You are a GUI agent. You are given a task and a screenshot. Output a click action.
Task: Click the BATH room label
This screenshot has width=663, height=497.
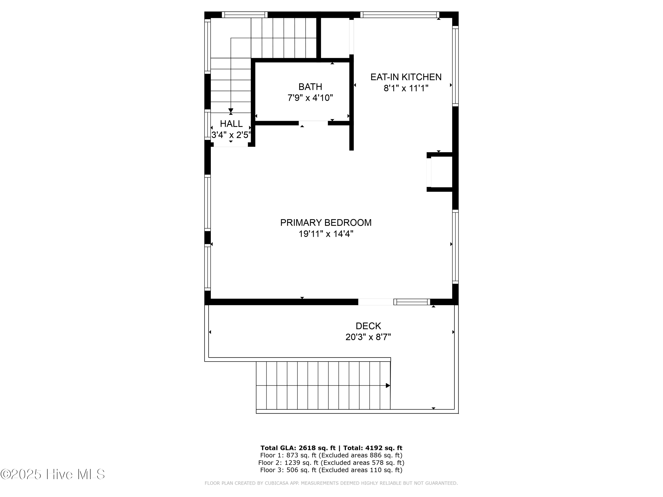310,87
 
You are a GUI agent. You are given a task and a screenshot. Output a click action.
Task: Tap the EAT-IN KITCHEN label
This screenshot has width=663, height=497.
406,77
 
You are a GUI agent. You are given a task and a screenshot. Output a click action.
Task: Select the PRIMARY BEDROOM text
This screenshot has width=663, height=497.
326,223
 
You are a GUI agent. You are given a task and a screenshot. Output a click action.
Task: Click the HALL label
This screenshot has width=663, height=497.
231,124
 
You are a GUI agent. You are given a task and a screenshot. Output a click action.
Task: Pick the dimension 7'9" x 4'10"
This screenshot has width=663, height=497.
310,98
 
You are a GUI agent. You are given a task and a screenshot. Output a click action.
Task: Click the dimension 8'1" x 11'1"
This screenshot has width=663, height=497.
406,88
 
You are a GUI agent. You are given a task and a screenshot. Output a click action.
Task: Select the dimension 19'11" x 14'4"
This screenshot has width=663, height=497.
326,234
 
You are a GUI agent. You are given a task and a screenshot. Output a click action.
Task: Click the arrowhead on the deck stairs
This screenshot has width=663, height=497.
388,385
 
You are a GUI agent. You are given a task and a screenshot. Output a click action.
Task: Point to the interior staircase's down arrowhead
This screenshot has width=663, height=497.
231,110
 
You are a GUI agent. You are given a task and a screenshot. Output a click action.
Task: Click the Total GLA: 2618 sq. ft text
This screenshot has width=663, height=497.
298,448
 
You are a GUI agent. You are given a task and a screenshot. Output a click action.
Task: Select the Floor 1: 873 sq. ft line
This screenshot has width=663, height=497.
331,455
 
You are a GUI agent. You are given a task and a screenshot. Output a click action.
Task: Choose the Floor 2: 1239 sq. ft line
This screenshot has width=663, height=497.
331,463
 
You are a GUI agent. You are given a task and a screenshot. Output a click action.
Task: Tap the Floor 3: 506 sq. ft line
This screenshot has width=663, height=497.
331,470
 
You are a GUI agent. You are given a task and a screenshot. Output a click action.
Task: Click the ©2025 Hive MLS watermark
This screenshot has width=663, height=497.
53,474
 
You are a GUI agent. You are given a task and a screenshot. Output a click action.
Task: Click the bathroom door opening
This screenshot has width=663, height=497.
313,123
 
